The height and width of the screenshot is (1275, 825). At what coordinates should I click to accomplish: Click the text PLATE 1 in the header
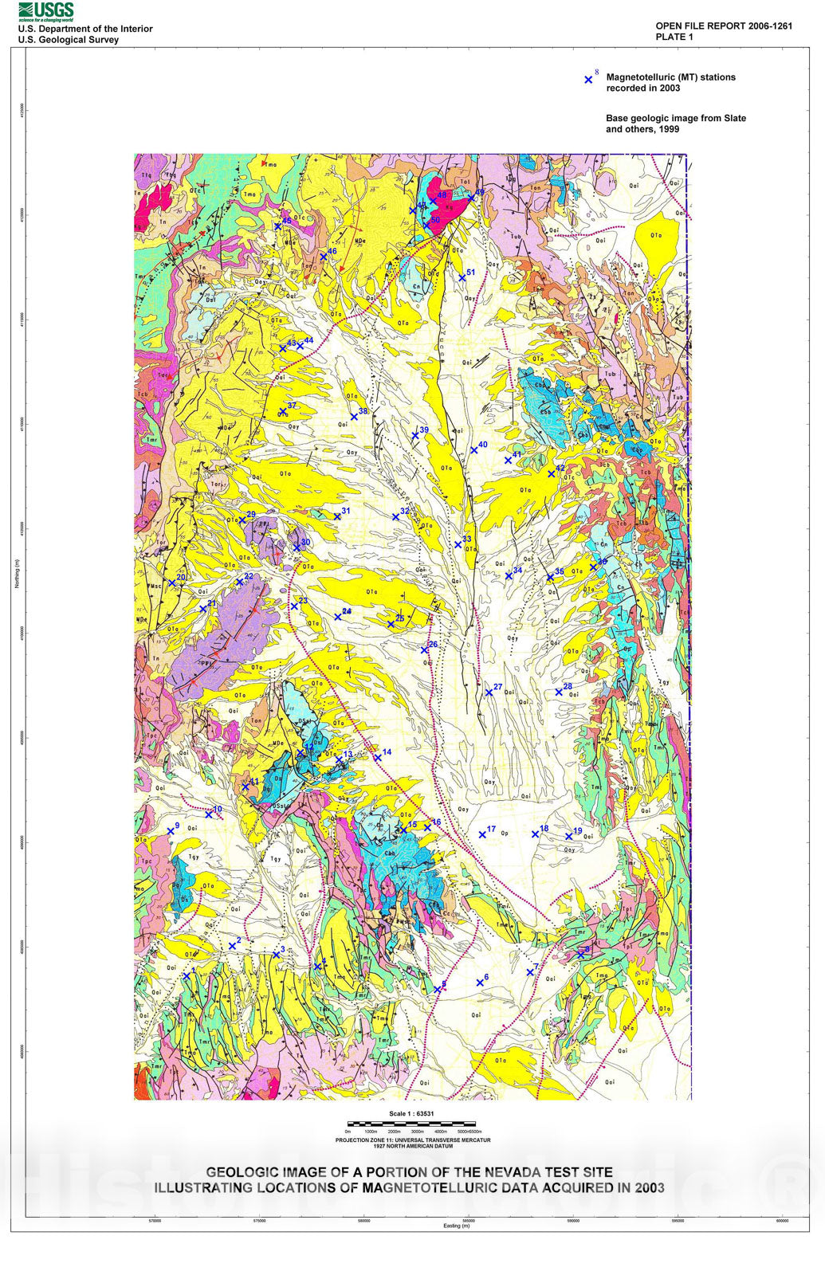coord(674,37)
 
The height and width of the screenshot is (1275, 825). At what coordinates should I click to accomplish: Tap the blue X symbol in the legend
coord(589,80)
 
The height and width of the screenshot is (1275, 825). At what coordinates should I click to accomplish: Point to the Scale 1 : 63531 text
coord(411,1114)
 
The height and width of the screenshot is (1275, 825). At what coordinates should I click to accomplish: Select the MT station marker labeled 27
coord(489,692)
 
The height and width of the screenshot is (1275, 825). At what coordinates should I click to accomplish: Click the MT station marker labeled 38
coord(355,417)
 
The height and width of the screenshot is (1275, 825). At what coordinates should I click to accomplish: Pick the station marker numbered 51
coord(462,278)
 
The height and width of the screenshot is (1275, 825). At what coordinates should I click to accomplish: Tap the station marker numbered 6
coord(480,983)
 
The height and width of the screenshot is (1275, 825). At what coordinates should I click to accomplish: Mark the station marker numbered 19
coord(569,836)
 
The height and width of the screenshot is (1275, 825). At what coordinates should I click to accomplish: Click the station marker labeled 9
coord(171,831)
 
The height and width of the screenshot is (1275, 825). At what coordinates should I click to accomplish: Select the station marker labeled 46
coord(324,257)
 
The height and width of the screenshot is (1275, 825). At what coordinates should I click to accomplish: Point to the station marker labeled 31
coord(337,516)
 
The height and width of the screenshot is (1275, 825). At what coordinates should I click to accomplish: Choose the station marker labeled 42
coord(552,473)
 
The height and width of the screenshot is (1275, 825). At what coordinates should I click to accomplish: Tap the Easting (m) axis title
coord(457,1226)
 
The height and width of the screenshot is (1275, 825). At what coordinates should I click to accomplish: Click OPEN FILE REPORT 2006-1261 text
coord(724,25)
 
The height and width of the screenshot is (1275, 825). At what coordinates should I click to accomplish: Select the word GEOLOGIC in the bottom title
coord(240,1172)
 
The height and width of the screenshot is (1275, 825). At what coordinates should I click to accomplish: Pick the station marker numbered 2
coord(232,946)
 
